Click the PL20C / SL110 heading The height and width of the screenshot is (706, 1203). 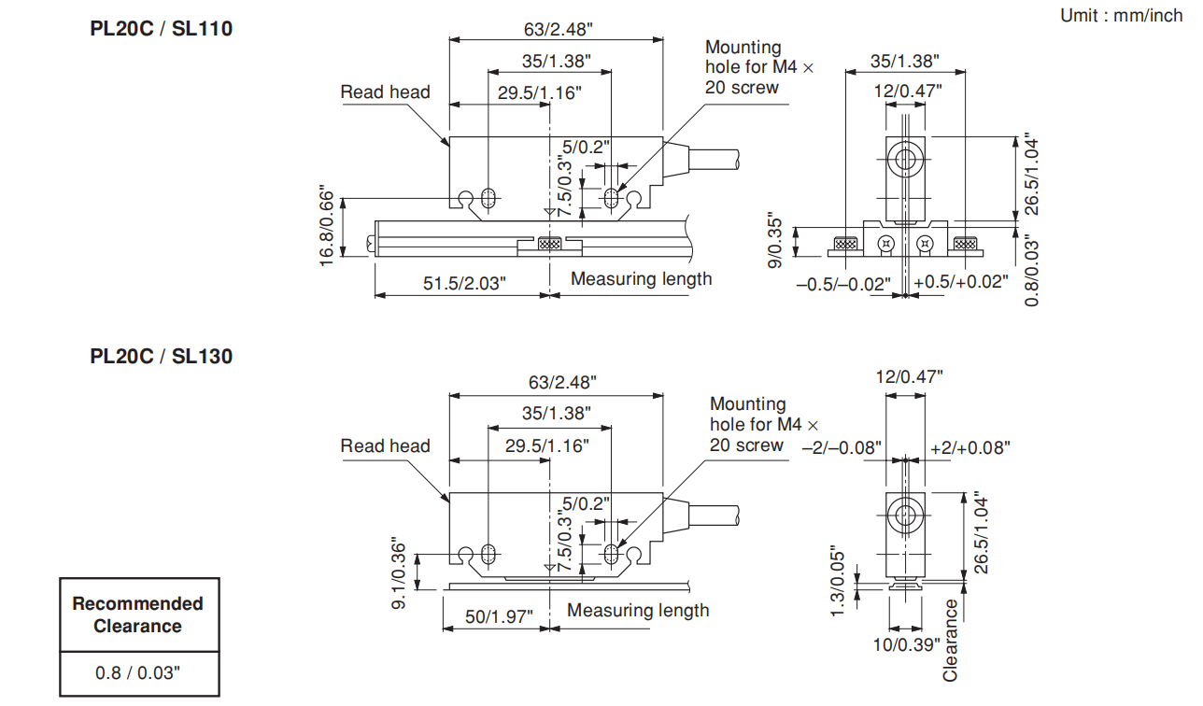pos(161,29)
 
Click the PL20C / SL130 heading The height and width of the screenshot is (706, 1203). pos(161,356)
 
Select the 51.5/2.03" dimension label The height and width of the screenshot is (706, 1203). pos(464,282)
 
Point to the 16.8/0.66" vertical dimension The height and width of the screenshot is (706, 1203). pos(326,225)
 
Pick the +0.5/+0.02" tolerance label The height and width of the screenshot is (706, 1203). pos(962,282)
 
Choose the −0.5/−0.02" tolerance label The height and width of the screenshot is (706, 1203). pos(843,283)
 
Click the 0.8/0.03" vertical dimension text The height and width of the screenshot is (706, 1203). pos(1031,270)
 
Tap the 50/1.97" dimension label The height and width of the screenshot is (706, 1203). pos(499,615)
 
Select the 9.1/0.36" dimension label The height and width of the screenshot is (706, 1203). pos(400,573)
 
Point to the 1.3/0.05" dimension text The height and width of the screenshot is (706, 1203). pos(838,580)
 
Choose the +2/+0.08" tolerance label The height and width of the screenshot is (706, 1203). pos(970,448)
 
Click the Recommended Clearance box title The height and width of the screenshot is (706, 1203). pos(138,614)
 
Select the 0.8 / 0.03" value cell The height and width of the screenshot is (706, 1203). pos(138,672)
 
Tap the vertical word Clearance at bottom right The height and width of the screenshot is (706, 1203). pos(951,640)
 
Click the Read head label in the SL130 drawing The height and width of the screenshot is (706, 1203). pos(385,445)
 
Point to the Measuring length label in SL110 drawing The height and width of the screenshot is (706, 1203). pos(641,278)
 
